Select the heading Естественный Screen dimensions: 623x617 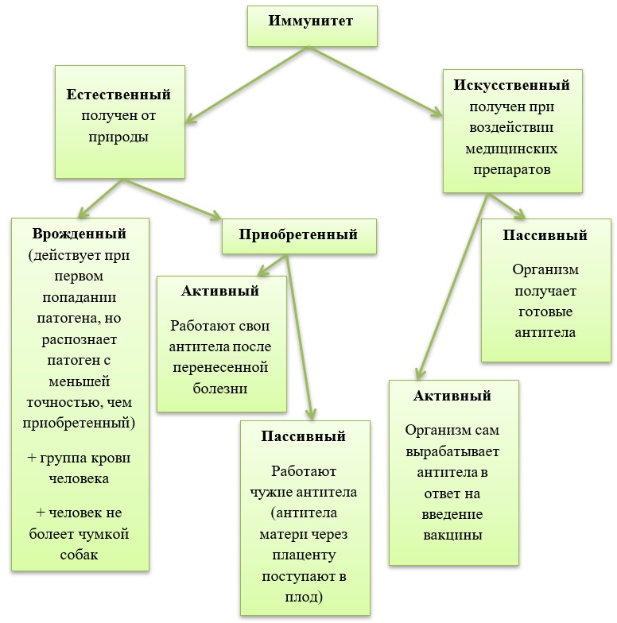(118, 95)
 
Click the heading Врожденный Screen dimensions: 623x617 (80, 234)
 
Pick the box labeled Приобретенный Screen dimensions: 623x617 (298, 234)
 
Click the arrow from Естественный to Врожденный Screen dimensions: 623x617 (100, 199)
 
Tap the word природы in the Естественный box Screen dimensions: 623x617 (118, 137)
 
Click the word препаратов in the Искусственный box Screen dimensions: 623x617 (511, 169)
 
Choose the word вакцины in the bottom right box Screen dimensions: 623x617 (452, 534)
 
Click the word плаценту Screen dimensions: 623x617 (306, 554)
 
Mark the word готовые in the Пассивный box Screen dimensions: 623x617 (545, 311)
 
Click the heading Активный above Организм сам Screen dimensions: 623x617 (452, 395)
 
